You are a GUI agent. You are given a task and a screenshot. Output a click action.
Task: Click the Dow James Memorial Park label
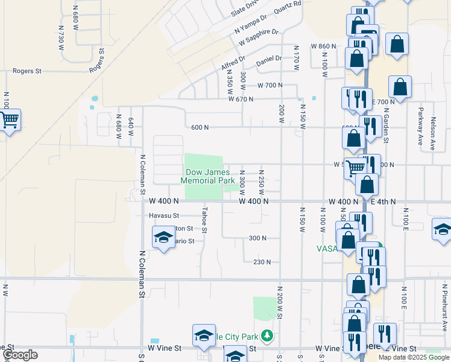tap(209, 176)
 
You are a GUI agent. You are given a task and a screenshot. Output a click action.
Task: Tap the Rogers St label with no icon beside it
tap(27, 71)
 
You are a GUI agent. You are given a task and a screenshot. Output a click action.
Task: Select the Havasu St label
tap(164, 215)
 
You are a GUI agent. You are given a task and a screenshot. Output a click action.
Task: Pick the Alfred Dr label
tap(233, 63)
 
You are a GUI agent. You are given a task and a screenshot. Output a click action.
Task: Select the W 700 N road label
tap(270, 86)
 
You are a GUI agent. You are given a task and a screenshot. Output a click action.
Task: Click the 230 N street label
tap(262, 262)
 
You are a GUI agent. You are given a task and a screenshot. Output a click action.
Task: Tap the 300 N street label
tap(257, 238)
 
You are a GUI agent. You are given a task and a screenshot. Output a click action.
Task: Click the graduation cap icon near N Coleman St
tap(163, 238)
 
